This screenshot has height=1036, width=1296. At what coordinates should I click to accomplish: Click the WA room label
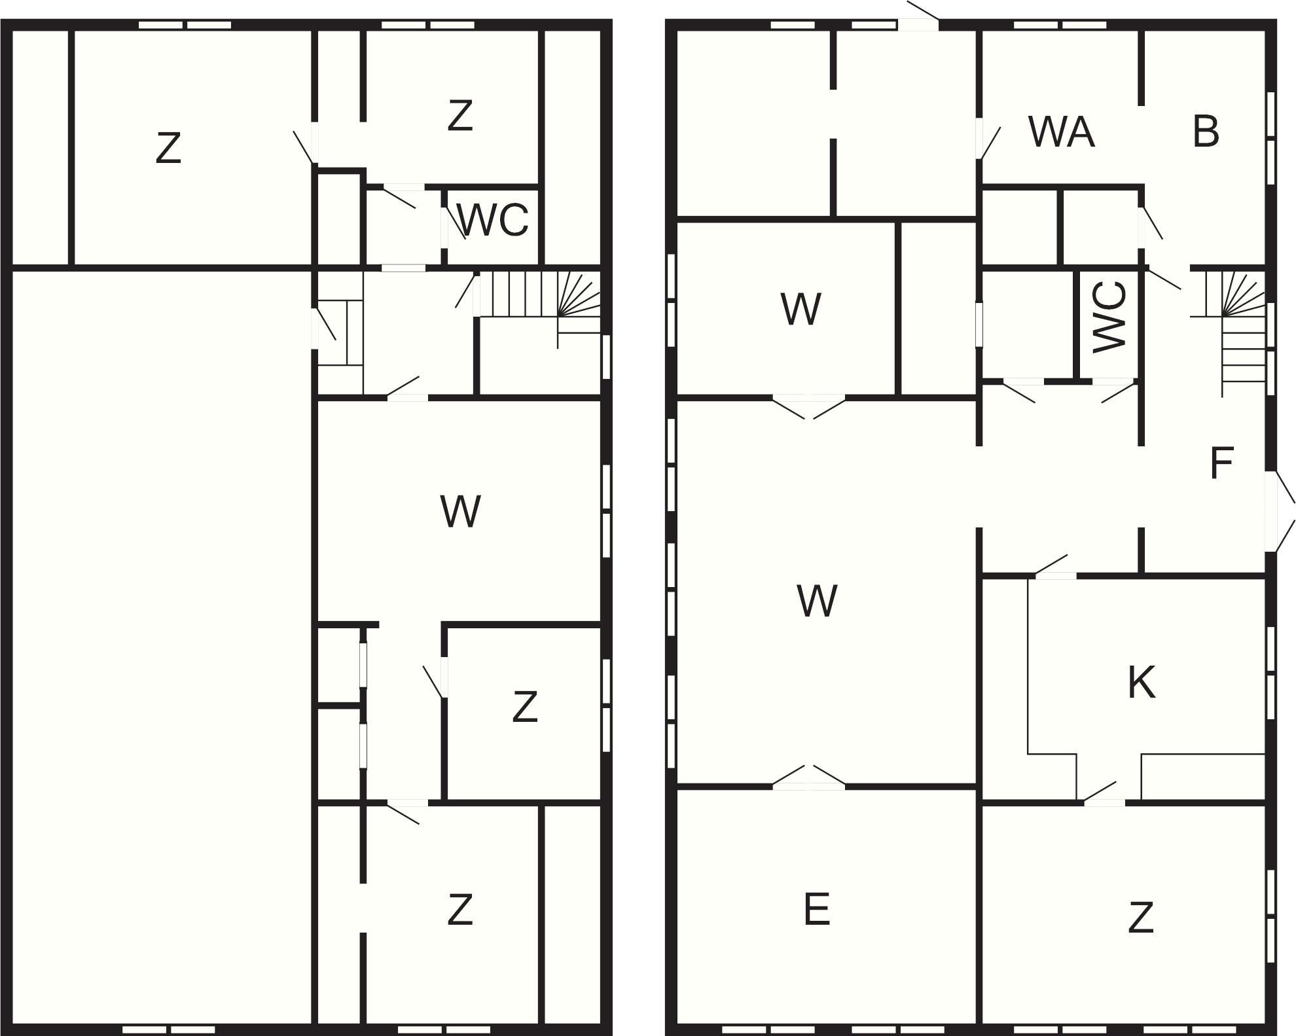(x=1061, y=132)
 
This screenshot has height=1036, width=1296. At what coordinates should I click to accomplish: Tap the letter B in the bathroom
(x=1206, y=132)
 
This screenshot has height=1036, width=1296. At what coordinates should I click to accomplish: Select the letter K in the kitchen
(x=1142, y=683)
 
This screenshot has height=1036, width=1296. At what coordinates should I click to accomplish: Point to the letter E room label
(x=817, y=909)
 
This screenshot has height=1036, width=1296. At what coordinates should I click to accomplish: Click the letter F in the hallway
(x=1221, y=463)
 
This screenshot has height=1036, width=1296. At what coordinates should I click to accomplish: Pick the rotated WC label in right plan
(x=1110, y=317)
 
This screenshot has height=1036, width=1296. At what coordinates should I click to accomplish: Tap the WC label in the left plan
(x=493, y=220)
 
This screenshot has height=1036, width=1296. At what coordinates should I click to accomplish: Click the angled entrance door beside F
(x=1280, y=512)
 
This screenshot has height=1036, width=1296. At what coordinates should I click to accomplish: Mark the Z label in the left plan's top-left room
(x=168, y=148)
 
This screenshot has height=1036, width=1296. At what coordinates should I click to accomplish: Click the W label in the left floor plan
(x=461, y=511)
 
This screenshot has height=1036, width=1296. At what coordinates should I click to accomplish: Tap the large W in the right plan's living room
(x=817, y=600)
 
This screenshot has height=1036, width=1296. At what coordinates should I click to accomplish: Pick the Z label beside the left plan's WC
(x=460, y=115)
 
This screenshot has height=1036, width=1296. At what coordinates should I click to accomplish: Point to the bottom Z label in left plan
(x=460, y=909)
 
